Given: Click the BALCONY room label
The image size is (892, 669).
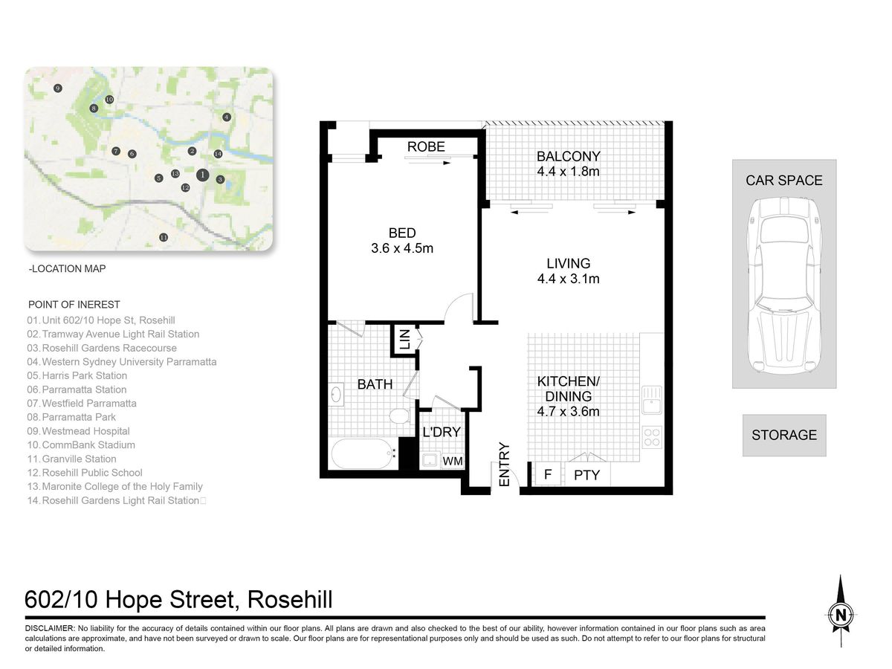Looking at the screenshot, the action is pyautogui.click(x=568, y=156).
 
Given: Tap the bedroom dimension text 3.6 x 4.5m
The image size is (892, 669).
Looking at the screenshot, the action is pyautogui.click(x=402, y=248).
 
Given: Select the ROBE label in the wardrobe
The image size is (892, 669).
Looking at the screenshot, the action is pyautogui.click(x=426, y=146).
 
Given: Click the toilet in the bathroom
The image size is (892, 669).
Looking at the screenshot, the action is pyautogui.click(x=399, y=416).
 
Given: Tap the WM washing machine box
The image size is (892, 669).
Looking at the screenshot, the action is pyautogui.click(x=452, y=461).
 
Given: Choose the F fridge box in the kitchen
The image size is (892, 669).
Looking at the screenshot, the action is pyautogui.click(x=547, y=474).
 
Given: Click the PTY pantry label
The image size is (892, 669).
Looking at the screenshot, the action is pyautogui.click(x=586, y=475).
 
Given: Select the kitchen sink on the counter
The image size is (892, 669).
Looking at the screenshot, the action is pyautogui.click(x=651, y=400).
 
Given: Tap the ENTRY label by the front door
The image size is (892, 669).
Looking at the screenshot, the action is pyautogui.click(x=504, y=465).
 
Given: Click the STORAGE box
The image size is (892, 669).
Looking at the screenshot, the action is pyautogui.click(x=784, y=435).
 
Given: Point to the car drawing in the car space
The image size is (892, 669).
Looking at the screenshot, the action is pyautogui.click(x=784, y=285).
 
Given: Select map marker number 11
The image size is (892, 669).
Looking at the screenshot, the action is pyautogui.click(x=164, y=237).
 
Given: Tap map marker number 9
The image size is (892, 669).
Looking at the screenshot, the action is pyautogui.click(x=58, y=88).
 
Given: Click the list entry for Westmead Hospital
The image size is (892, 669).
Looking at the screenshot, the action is pyautogui.click(x=79, y=431).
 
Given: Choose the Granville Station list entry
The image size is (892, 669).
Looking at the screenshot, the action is pyautogui.click(x=71, y=459).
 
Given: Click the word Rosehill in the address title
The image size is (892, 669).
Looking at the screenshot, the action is pyautogui.click(x=290, y=600).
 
